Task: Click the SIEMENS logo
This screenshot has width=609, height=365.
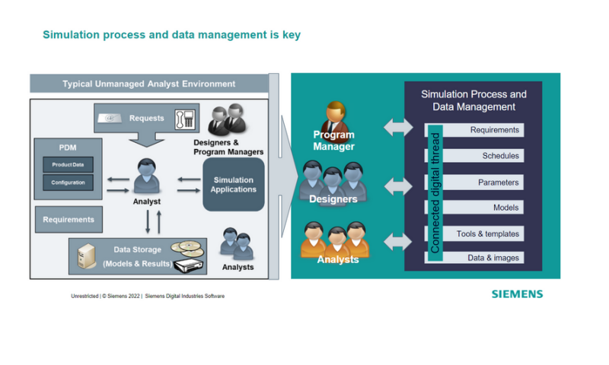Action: [x=517, y=294]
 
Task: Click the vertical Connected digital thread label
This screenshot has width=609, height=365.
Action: [x=435, y=194]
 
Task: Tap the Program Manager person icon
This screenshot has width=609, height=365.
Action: [x=333, y=120]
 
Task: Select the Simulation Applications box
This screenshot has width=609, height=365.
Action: [x=234, y=184]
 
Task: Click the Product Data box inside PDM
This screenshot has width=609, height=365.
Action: [x=68, y=165]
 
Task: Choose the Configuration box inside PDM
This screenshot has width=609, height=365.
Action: [x=68, y=182]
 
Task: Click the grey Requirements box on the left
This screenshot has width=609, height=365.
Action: [x=69, y=220]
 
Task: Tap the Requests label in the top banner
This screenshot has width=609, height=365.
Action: [x=146, y=118]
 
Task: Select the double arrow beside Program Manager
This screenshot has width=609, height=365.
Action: [x=398, y=127]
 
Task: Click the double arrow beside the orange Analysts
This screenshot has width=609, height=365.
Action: [x=398, y=242]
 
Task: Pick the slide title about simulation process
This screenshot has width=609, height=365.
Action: [x=171, y=35]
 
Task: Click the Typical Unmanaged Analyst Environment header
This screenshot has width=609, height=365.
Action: [x=148, y=84]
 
